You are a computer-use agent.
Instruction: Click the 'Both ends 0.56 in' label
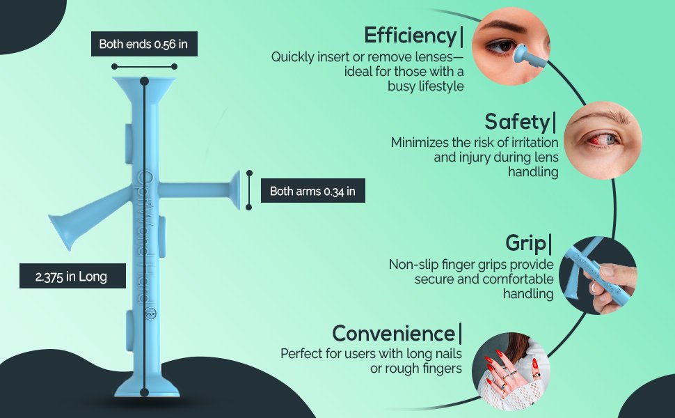[x=144, y=44]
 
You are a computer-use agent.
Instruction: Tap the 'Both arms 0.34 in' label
[x=313, y=191]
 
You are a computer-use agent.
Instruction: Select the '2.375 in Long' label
[x=73, y=276]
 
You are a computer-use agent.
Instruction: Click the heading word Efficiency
[x=411, y=36]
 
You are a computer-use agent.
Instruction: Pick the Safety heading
[x=517, y=122]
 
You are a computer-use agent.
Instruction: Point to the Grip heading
[x=525, y=243]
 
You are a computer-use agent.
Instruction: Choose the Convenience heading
[x=393, y=334]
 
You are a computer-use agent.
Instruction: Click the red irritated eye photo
[x=603, y=141]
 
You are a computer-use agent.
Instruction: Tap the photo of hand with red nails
[x=511, y=371]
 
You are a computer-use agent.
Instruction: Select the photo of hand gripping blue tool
[x=598, y=275]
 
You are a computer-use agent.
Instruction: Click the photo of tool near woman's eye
[x=511, y=46]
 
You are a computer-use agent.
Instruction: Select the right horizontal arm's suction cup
[x=235, y=190]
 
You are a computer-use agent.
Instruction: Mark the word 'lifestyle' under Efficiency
[x=441, y=86]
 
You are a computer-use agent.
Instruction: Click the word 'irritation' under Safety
[x=532, y=142]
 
